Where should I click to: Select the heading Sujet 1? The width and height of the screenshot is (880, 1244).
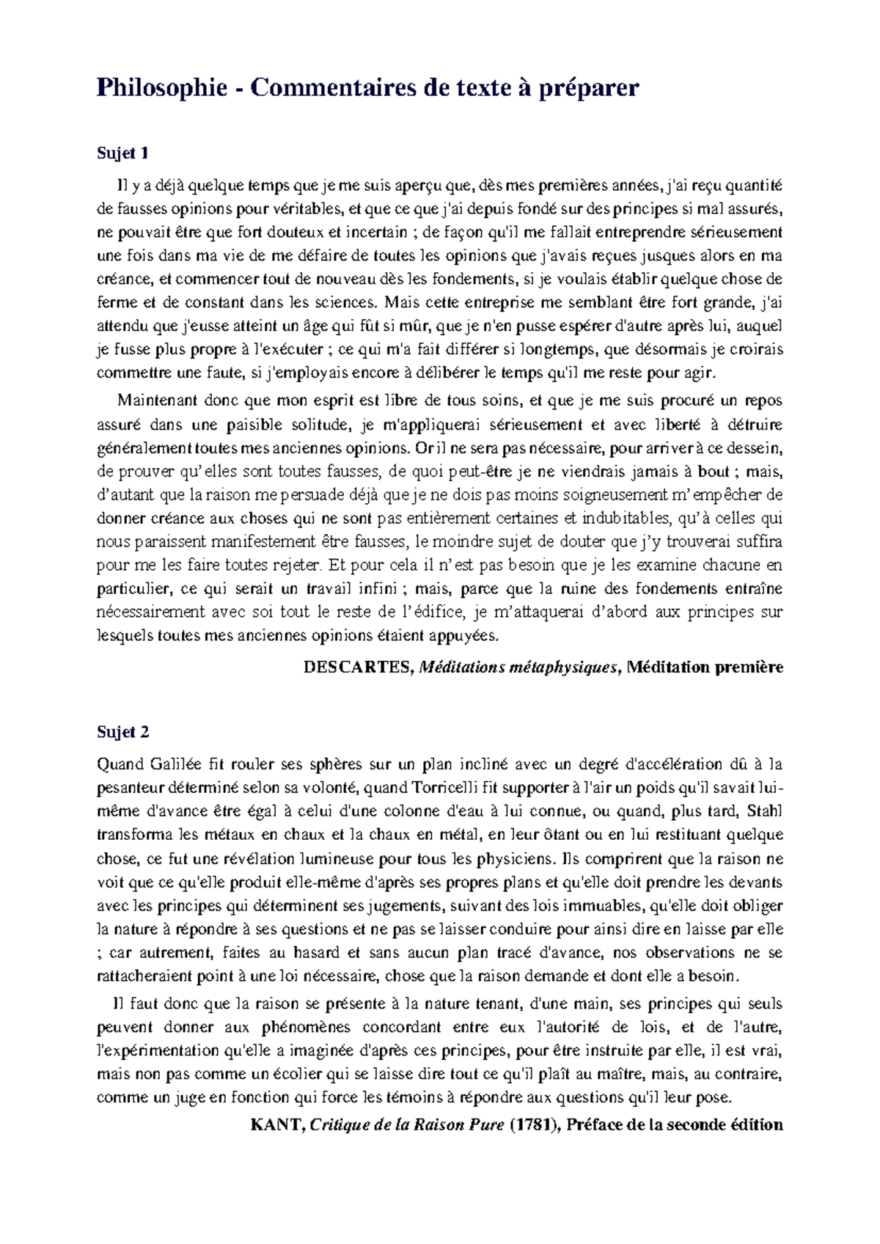(x=123, y=153)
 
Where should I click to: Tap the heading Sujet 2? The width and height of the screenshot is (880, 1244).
(x=123, y=731)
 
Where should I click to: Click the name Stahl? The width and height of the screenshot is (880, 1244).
(x=767, y=811)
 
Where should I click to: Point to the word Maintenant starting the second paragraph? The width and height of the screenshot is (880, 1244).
(x=156, y=400)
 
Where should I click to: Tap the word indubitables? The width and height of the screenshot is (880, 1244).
(x=626, y=519)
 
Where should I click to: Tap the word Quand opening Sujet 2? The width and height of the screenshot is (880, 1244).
(x=121, y=764)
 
